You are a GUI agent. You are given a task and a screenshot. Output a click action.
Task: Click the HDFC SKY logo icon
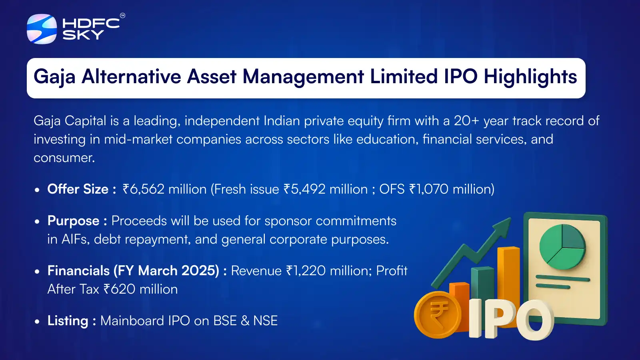[x=42, y=29]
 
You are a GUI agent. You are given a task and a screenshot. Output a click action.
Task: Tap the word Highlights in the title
[x=530, y=77]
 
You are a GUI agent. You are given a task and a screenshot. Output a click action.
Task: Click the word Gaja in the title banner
[x=54, y=77]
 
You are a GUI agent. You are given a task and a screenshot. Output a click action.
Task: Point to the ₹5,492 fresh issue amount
[x=304, y=189]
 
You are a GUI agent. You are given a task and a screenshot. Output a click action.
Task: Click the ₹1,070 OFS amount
[x=428, y=189]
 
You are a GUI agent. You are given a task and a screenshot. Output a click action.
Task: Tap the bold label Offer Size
[x=78, y=189]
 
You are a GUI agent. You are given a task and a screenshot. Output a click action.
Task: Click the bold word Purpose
[x=73, y=221]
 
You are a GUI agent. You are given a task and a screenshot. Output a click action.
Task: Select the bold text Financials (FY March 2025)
[x=133, y=271]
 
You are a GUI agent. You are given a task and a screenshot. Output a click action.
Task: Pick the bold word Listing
[x=68, y=321]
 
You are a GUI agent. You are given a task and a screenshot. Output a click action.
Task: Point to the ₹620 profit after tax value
[x=119, y=289]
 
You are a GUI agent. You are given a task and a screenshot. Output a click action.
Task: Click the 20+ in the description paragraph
[x=466, y=121]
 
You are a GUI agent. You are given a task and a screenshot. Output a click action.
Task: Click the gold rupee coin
[x=438, y=315]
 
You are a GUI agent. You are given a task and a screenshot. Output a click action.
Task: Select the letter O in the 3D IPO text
[x=535, y=320]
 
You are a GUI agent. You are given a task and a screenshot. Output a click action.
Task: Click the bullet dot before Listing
[x=37, y=321]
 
